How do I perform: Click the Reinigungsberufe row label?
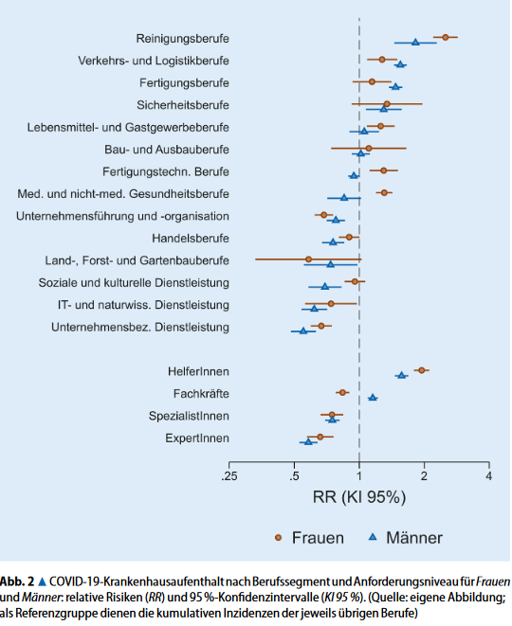point(183,39)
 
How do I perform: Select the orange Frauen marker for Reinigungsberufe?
point(445,38)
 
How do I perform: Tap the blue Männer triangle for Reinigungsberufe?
point(415,43)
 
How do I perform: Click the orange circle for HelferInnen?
point(422,370)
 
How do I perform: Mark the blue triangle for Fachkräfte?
point(373,398)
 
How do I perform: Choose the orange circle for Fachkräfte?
point(342,392)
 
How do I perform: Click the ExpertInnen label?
point(196,438)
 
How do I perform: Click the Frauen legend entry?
point(308,537)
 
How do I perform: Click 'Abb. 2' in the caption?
point(16,581)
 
